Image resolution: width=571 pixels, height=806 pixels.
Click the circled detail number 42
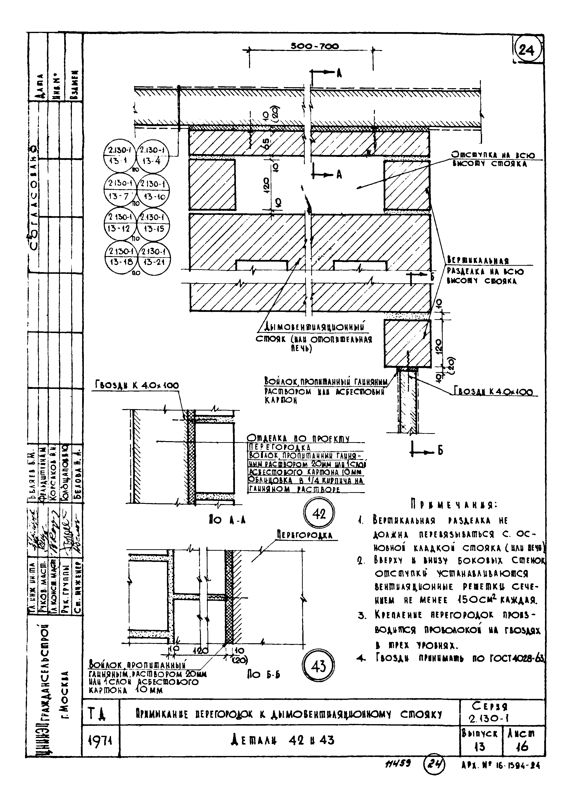[319, 514]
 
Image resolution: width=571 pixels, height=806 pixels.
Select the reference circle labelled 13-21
[154, 257]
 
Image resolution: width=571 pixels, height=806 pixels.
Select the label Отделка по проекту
[298, 439]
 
